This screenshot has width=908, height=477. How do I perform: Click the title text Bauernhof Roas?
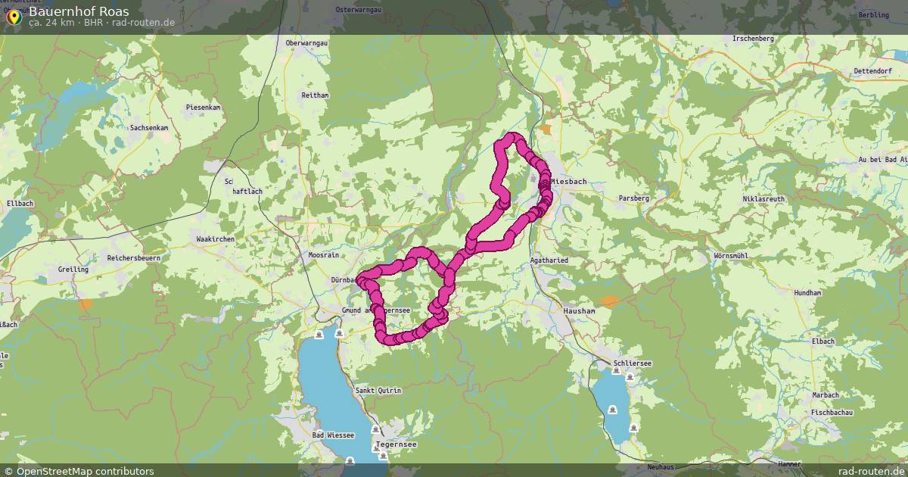(x=79, y=11)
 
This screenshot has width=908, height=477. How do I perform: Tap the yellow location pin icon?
(x=14, y=15)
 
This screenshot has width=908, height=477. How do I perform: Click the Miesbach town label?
(x=569, y=182)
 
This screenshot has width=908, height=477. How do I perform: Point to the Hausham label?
(x=579, y=310)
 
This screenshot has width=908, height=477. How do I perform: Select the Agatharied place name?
(x=549, y=260)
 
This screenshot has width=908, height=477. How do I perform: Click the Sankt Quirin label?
(x=378, y=390)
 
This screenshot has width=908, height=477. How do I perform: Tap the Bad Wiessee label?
(x=333, y=435)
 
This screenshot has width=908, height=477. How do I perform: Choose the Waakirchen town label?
(x=215, y=238)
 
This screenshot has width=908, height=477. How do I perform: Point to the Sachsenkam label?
(x=149, y=128)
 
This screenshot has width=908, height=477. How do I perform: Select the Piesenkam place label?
(x=204, y=108)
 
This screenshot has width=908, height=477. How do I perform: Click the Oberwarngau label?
(x=307, y=44)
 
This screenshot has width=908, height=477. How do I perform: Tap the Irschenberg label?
(x=753, y=38)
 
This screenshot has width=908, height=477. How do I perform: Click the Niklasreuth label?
(x=763, y=199)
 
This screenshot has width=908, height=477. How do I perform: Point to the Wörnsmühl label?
(x=731, y=256)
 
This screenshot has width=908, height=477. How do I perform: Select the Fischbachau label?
(x=832, y=412)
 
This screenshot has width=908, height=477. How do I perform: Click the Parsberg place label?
(x=634, y=198)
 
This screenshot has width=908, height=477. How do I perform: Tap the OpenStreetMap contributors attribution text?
(x=78, y=471)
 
